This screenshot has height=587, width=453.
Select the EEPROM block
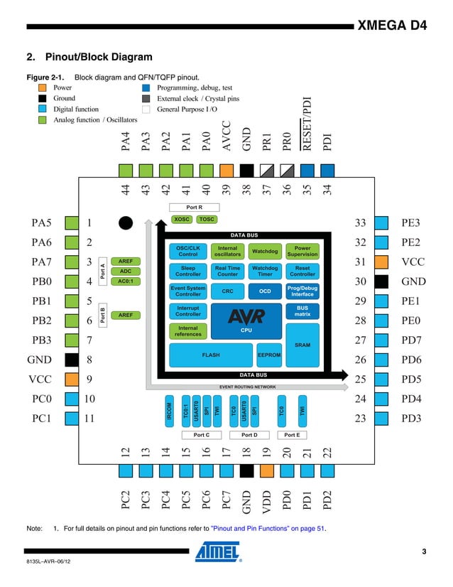269,354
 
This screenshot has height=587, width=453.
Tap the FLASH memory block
211,354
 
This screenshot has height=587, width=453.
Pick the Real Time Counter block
228,271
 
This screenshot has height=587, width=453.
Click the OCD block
265,291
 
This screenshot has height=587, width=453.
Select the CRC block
228,291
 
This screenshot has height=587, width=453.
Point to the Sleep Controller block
188,271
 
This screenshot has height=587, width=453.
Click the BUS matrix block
302,311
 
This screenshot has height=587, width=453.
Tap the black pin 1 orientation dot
126,223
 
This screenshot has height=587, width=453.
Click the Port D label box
249,434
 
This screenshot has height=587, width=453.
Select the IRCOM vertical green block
169,411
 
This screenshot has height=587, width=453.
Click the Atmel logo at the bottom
219,553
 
